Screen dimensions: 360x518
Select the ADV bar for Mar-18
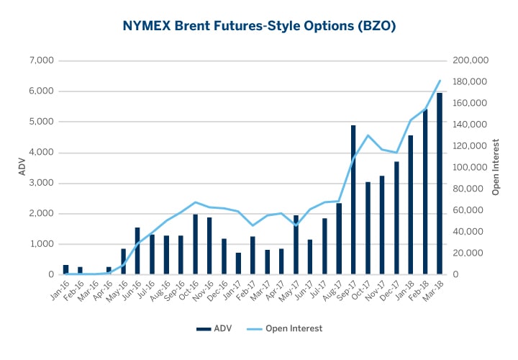pos(439,184)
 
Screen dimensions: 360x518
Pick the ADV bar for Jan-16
pos(65,270)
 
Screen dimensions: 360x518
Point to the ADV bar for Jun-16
pos(137,251)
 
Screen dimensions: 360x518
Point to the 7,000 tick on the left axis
pos(40,60)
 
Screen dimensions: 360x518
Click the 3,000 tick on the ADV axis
pos(40,183)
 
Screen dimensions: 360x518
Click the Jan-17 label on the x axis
pos(232,292)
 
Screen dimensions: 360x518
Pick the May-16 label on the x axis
pos(117,292)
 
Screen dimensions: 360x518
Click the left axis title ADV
pos(21,168)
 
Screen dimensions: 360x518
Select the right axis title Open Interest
pos(496,168)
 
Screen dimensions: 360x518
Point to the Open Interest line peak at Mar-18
pos(440,81)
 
